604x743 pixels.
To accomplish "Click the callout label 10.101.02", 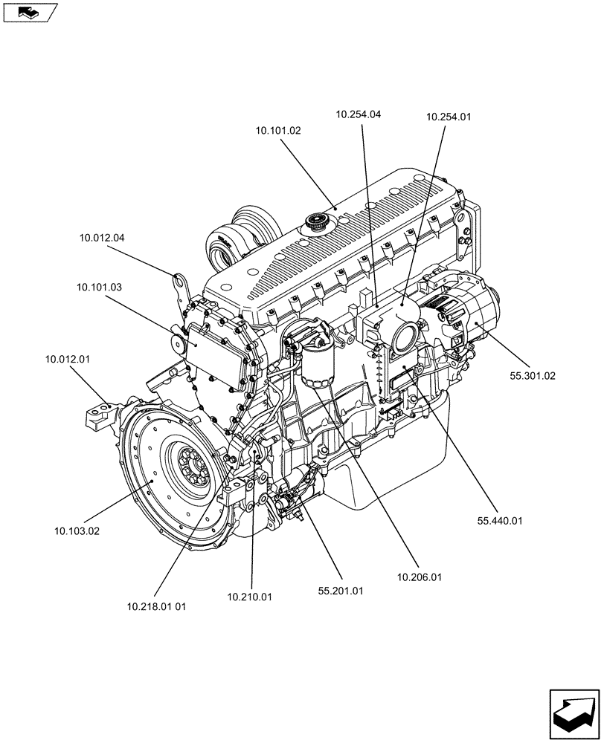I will [x=278, y=130].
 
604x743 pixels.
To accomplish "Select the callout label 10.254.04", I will [x=359, y=114].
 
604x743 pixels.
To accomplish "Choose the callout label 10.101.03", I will [x=99, y=286].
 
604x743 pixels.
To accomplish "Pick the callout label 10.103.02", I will [x=77, y=531].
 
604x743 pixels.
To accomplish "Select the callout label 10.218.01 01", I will [x=156, y=606].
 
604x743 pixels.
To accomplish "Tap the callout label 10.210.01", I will [x=250, y=597].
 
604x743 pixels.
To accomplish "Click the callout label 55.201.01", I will [x=341, y=591].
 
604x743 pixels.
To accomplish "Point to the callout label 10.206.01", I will [x=420, y=577].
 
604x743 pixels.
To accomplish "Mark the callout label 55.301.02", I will [x=533, y=376].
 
